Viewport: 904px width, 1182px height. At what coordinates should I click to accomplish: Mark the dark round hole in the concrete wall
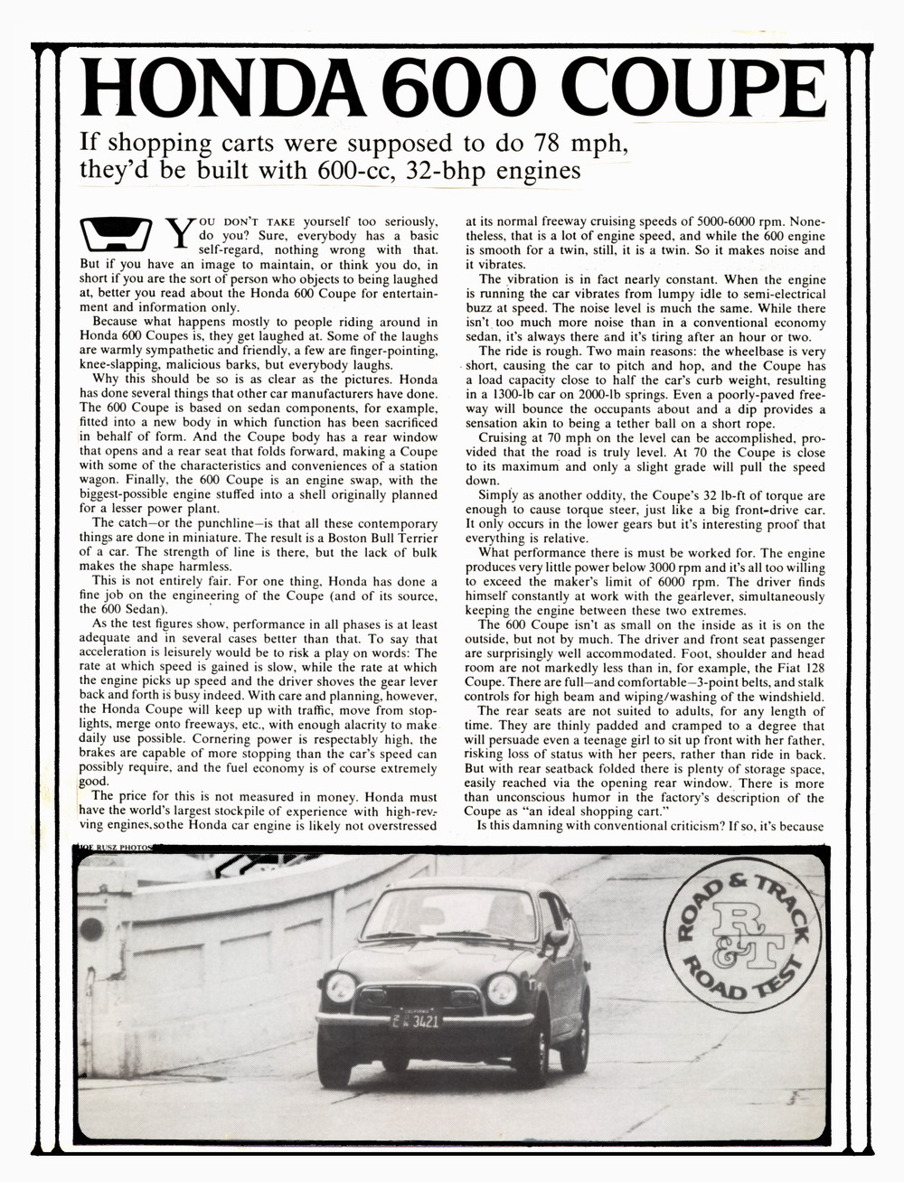pos(91,930)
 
